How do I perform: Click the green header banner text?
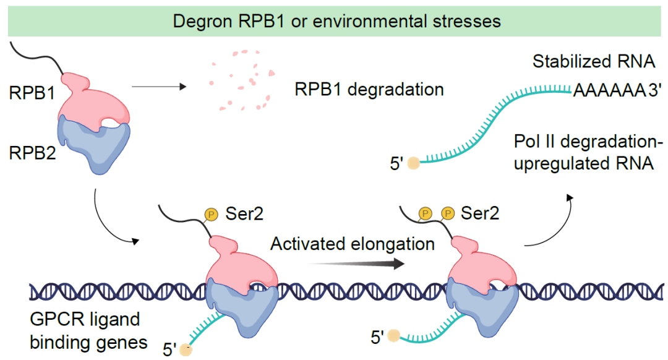(336, 21)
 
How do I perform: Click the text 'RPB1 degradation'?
(369, 89)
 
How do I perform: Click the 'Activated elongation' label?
(353, 243)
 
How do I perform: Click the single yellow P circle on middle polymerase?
(211, 215)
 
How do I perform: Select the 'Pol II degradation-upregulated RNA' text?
(588, 153)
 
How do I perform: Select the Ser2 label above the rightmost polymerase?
(481, 214)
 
